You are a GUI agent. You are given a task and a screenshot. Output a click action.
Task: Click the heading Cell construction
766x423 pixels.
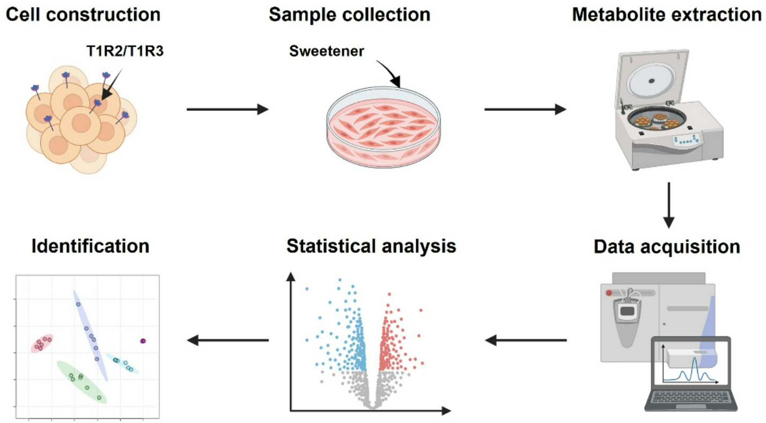[x=83, y=14]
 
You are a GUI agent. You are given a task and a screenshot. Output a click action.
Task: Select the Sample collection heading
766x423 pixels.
[x=349, y=14]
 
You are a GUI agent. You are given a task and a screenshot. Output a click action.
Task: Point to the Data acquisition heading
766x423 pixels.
[x=668, y=246]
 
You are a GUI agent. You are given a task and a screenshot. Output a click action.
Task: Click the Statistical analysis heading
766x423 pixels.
[x=371, y=246]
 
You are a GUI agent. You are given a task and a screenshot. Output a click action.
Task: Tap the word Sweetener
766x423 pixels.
[x=327, y=52]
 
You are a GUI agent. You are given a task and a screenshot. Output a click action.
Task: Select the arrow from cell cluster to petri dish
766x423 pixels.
[x=227, y=110]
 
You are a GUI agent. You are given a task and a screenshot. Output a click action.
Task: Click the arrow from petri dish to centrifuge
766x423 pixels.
[x=525, y=110]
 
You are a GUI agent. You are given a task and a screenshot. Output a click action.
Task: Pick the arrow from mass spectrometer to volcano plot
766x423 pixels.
[x=526, y=340]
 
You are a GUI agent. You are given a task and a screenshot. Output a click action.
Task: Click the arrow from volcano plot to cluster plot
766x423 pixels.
[x=227, y=340]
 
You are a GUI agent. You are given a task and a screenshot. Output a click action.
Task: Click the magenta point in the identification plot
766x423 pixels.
[x=143, y=341]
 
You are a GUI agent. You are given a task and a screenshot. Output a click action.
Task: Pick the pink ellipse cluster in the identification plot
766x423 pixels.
[x=41, y=343]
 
